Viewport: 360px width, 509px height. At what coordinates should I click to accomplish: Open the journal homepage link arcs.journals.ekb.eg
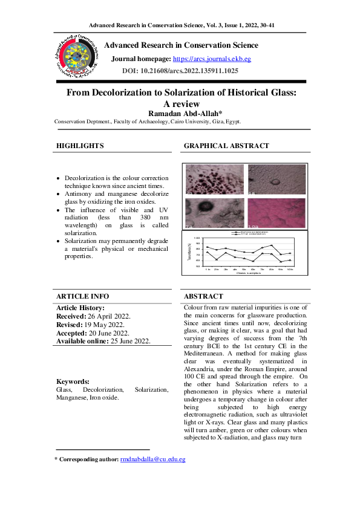[x=212, y=59]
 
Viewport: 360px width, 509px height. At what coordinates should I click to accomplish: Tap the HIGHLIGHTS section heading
[x=80, y=146]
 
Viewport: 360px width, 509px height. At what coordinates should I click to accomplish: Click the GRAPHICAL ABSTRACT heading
[x=226, y=146]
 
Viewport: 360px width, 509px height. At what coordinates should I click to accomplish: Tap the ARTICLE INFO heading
[x=83, y=296]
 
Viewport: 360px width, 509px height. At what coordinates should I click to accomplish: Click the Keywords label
[x=73, y=381]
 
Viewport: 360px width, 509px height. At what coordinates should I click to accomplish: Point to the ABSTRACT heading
[x=203, y=296]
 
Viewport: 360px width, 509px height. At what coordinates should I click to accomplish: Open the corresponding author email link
[x=152, y=459]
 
